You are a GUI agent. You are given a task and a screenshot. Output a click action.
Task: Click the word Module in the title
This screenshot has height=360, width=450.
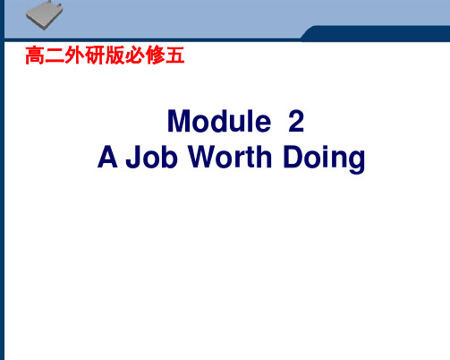tap(219, 121)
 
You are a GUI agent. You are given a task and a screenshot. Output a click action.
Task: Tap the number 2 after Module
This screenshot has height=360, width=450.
tap(296, 121)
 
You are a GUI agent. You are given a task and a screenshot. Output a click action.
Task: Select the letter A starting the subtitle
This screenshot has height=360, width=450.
tap(107, 157)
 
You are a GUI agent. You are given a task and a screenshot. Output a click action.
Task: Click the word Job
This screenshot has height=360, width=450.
tap(152, 157)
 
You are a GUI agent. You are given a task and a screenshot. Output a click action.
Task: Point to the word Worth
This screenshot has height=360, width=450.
tap(230, 157)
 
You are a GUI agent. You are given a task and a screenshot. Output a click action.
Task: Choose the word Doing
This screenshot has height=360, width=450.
tap(324, 159)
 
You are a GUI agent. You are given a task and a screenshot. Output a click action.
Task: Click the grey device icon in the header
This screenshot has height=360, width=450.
tap(45, 15)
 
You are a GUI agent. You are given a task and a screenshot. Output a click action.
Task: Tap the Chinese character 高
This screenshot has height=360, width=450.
tap(35, 56)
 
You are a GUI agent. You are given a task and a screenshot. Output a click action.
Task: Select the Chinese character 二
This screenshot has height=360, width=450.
tap(55, 56)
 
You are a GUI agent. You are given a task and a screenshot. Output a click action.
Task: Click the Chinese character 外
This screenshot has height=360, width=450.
tap(74, 56)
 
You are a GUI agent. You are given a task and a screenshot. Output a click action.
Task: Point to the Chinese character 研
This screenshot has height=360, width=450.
tap(95, 56)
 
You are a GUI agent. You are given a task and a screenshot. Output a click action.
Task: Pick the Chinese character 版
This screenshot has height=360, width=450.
tap(115, 56)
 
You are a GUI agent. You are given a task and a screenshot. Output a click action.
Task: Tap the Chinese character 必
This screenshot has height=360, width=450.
tap(135, 56)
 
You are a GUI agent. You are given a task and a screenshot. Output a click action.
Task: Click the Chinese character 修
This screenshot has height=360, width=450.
tap(155, 56)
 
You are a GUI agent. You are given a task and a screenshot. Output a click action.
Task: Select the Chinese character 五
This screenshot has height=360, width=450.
tap(175, 56)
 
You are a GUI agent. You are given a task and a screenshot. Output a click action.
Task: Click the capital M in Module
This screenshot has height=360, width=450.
tap(178, 121)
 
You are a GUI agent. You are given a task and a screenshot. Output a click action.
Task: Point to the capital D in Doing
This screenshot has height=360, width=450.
tap(293, 157)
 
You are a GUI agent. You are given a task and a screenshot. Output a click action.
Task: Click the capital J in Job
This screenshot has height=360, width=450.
tap(133, 157)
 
